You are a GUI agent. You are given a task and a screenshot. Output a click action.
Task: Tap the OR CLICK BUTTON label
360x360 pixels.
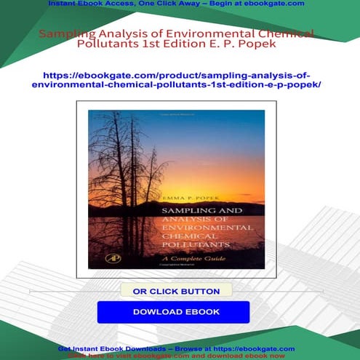[x=176, y=291]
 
